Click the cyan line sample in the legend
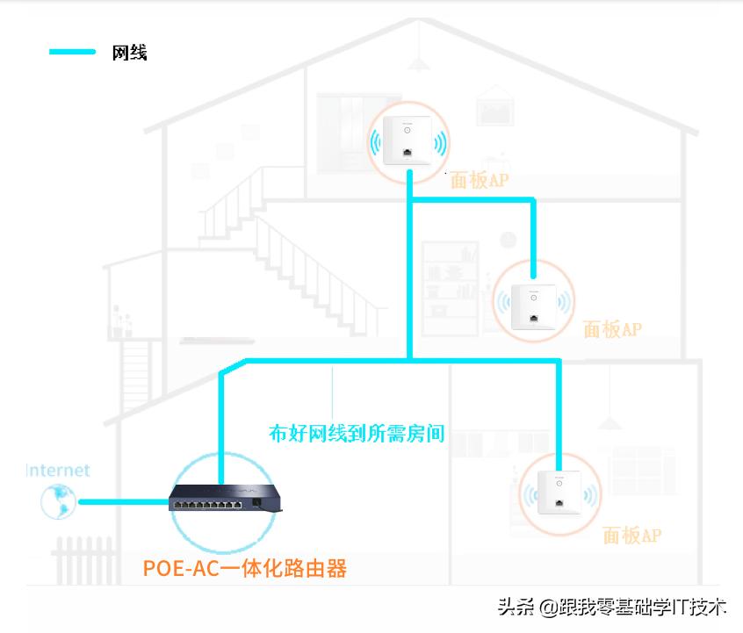pyautogui.click(x=72, y=52)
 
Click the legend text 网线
pyautogui.click(x=129, y=53)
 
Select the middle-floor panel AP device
pyautogui.click(x=532, y=304)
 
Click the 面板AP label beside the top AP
pyautogui.click(x=480, y=181)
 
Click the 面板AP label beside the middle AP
pyautogui.click(x=612, y=329)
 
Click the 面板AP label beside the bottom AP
pyautogui.click(x=631, y=535)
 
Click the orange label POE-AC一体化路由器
pyautogui.click(x=245, y=568)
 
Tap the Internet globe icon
pyautogui.click(x=58, y=501)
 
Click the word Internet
pyautogui.click(x=58, y=471)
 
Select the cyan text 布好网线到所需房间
pyautogui.click(x=357, y=433)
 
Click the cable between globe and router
pyautogui.click(x=123, y=502)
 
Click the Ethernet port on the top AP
pyautogui.click(x=408, y=153)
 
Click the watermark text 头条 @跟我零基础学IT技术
pyautogui.click(x=612, y=607)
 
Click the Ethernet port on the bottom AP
pyautogui.click(x=559, y=504)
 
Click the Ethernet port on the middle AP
pyautogui.click(x=532, y=315)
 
